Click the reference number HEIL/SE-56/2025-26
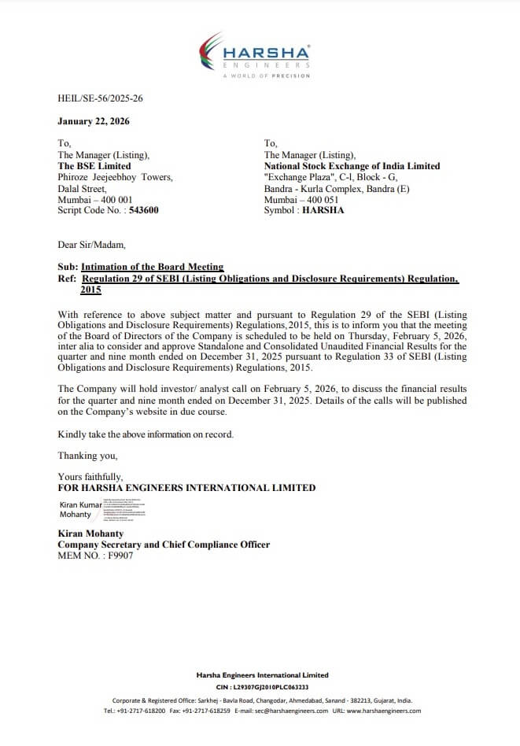point(100,98)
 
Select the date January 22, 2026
point(94,121)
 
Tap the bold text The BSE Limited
point(94,166)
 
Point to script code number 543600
point(143,210)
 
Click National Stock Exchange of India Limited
point(352,166)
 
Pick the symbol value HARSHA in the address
point(323,210)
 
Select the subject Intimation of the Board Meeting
point(152,267)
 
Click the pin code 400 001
point(115,200)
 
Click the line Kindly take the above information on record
point(146,434)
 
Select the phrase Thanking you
point(87,456)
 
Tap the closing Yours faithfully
point(90,477)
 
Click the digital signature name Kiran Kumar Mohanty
point(81,509)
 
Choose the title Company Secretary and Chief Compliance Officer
point(164,545)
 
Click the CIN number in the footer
point(262,687)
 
